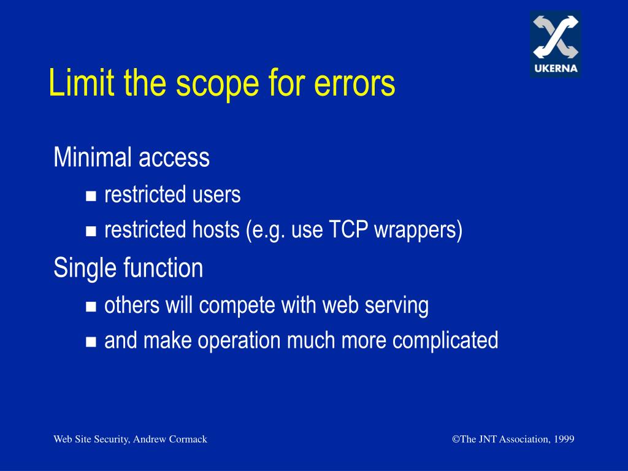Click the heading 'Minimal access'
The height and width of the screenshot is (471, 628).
[131, 158]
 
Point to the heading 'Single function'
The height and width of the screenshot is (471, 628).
[128, 268]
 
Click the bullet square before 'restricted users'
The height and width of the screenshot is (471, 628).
[91, 196]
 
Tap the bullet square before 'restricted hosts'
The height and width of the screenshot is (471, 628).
[91, 232]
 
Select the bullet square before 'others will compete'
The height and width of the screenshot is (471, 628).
[91, 306]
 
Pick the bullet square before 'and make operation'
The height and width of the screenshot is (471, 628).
[91, 342]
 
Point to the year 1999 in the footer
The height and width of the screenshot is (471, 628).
[563, 439]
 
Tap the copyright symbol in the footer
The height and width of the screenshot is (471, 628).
[456, 439]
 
